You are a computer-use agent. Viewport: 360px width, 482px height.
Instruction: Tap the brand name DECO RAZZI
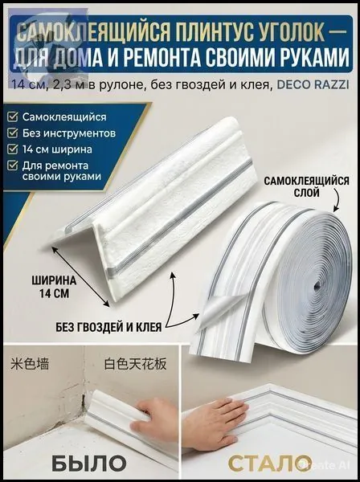(313, 84)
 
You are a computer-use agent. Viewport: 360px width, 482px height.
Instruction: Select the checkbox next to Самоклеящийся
(13, 117)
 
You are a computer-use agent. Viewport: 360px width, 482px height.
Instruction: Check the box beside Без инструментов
(13, 133)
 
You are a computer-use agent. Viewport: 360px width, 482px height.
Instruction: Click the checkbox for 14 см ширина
(13, 149)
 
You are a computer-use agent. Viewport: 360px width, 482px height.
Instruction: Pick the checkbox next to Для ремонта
(13, 165)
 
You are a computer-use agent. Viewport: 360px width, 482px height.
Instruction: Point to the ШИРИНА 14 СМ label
(54, 287)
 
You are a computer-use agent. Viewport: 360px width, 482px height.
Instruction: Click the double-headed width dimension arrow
(80, 276)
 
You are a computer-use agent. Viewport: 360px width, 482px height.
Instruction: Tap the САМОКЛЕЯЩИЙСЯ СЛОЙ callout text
(306, 186)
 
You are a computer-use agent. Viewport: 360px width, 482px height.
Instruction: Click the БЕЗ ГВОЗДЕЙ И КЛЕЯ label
(108, 327)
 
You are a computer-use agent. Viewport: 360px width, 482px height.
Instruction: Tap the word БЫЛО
(89, 464)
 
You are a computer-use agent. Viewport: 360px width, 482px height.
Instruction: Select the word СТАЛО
(267, 464)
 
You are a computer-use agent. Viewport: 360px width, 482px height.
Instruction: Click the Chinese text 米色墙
(30, 364)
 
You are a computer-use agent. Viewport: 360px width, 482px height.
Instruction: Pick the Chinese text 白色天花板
(135, 364)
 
